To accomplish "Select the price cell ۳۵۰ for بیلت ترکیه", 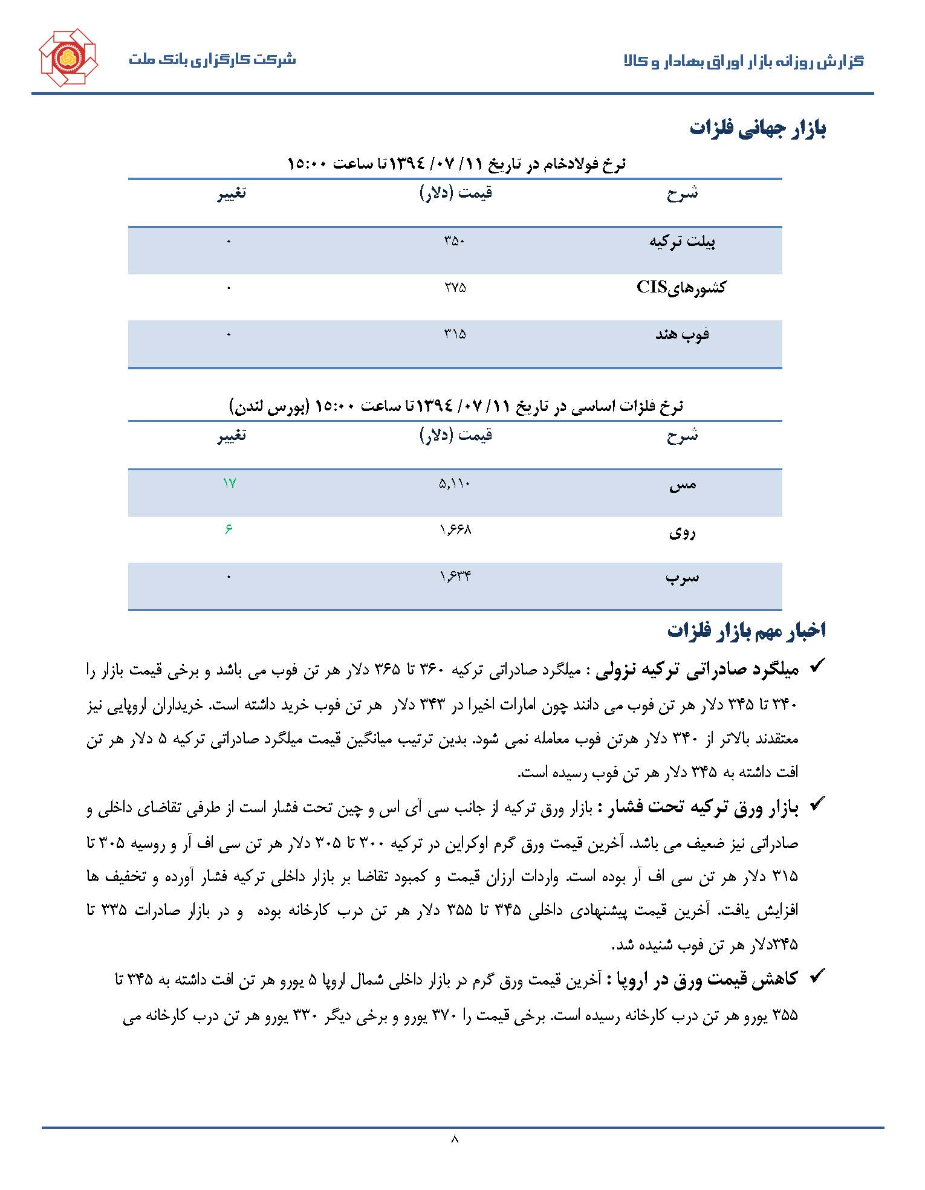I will (455, 241).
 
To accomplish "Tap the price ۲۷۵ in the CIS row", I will (455, 288).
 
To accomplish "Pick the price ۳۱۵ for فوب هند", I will (455, 334).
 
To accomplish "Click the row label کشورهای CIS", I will (681, 287).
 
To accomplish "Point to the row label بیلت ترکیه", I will (682, 242).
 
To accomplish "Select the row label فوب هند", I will (682, 334).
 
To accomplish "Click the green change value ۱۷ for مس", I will (229, 483).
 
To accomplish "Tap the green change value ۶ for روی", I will (229, 529).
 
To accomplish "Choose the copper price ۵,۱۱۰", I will (455, 483).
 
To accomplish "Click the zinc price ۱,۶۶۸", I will (455, 530).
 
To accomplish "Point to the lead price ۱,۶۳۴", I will (455, 577).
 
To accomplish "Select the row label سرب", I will (682, 577).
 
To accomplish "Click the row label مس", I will (683, 484).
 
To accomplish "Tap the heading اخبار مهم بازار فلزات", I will (746, 630).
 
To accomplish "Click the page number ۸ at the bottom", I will (455, 1139).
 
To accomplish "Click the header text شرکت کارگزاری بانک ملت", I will (212, 60).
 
